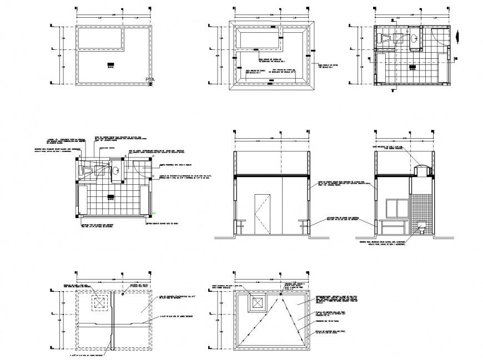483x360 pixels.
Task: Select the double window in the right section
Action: (x=397, y=208)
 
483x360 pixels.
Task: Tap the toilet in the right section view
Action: (x=422, y=227)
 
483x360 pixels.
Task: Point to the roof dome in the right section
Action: (x=421, y=170)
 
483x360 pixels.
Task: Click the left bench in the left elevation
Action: (x=240, y=224)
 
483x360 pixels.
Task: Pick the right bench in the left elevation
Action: (x=303, y=224)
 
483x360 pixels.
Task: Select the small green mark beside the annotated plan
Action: (x=154, y=213)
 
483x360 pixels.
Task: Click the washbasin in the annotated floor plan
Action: (x=117, y=171)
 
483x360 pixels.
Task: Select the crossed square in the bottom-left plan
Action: (x=99, y=302)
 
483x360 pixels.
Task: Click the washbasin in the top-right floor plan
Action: (x=415, y=38)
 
